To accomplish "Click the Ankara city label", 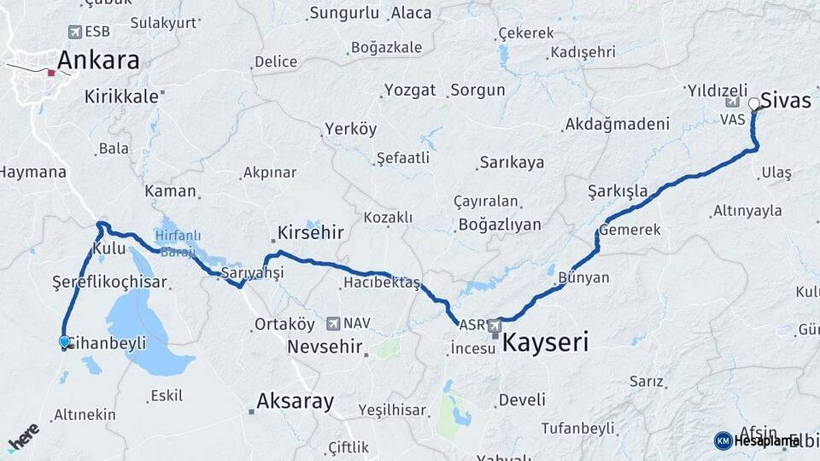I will coord(98,61).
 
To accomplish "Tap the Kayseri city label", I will coord(546,343).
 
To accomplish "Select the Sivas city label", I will coord(786,99).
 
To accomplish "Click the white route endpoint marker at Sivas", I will coord(754,104).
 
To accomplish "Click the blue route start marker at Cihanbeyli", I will coord(64,341).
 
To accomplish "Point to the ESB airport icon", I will coord(75,32).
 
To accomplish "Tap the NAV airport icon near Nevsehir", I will coord(332,324).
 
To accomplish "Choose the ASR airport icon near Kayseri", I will coord(495,325).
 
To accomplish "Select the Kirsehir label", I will coord(311,232).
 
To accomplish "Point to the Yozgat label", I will coord(410,90).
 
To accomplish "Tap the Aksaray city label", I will coord(296,401).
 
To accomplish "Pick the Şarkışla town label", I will coord(618,190).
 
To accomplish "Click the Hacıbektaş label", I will coord(381,283).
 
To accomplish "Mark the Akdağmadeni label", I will coord(618,125).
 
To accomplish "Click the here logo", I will coord(23,437).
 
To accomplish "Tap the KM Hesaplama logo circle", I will coord(723,441).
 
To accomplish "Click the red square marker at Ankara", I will coord(51,73).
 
